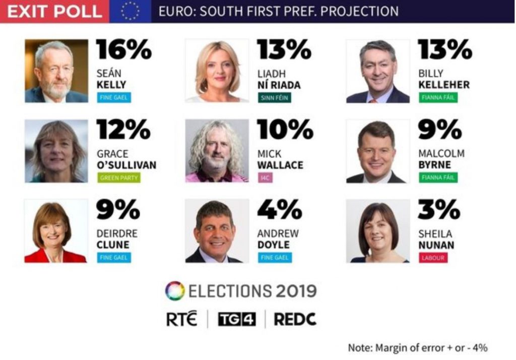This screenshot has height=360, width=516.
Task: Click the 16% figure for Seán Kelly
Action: coord(123,50)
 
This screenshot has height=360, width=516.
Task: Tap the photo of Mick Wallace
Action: coord(217,151)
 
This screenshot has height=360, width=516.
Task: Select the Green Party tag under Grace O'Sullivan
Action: coord(119,177)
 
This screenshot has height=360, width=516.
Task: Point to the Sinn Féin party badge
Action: coord(274,97)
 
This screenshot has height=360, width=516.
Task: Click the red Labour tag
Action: coord(432,258)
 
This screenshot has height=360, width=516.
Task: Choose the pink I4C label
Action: coord(265,177)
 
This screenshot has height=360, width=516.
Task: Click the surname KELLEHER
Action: coord(443,85)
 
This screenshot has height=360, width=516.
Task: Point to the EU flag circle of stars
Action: coord(130,11)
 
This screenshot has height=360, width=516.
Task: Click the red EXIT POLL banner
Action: coord(54,11)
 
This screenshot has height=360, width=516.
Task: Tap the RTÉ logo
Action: coord(182,319)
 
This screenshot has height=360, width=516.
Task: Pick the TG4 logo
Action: coord(236,319)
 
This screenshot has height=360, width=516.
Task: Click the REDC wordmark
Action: coord(295,319)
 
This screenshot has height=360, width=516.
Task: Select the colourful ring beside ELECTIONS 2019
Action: coord(175,291)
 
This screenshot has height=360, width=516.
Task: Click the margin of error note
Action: coord(417,348)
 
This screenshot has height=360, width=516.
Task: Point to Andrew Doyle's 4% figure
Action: coord(279,210)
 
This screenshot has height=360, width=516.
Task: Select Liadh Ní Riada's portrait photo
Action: coord(217,71)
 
